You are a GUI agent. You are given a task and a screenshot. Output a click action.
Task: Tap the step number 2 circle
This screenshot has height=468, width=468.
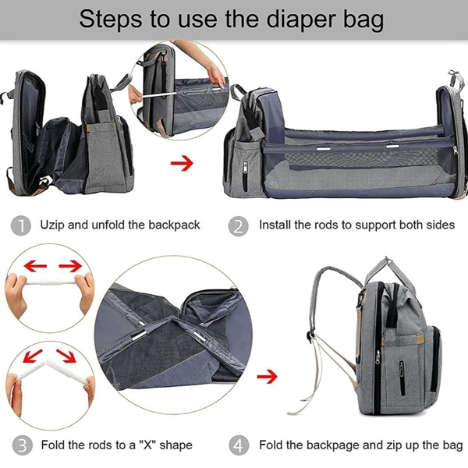pos(239,225)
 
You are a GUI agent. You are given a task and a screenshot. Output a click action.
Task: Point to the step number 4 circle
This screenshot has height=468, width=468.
pos(239,445)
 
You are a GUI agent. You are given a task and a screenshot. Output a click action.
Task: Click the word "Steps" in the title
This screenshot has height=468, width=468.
pos(117,19)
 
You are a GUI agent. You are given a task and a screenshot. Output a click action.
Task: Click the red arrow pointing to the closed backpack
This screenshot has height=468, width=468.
pos(268,378)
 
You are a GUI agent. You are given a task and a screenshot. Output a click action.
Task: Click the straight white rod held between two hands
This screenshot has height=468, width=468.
pos(51,288)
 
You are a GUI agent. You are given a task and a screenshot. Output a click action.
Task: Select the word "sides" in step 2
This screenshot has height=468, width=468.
pos(438,225)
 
